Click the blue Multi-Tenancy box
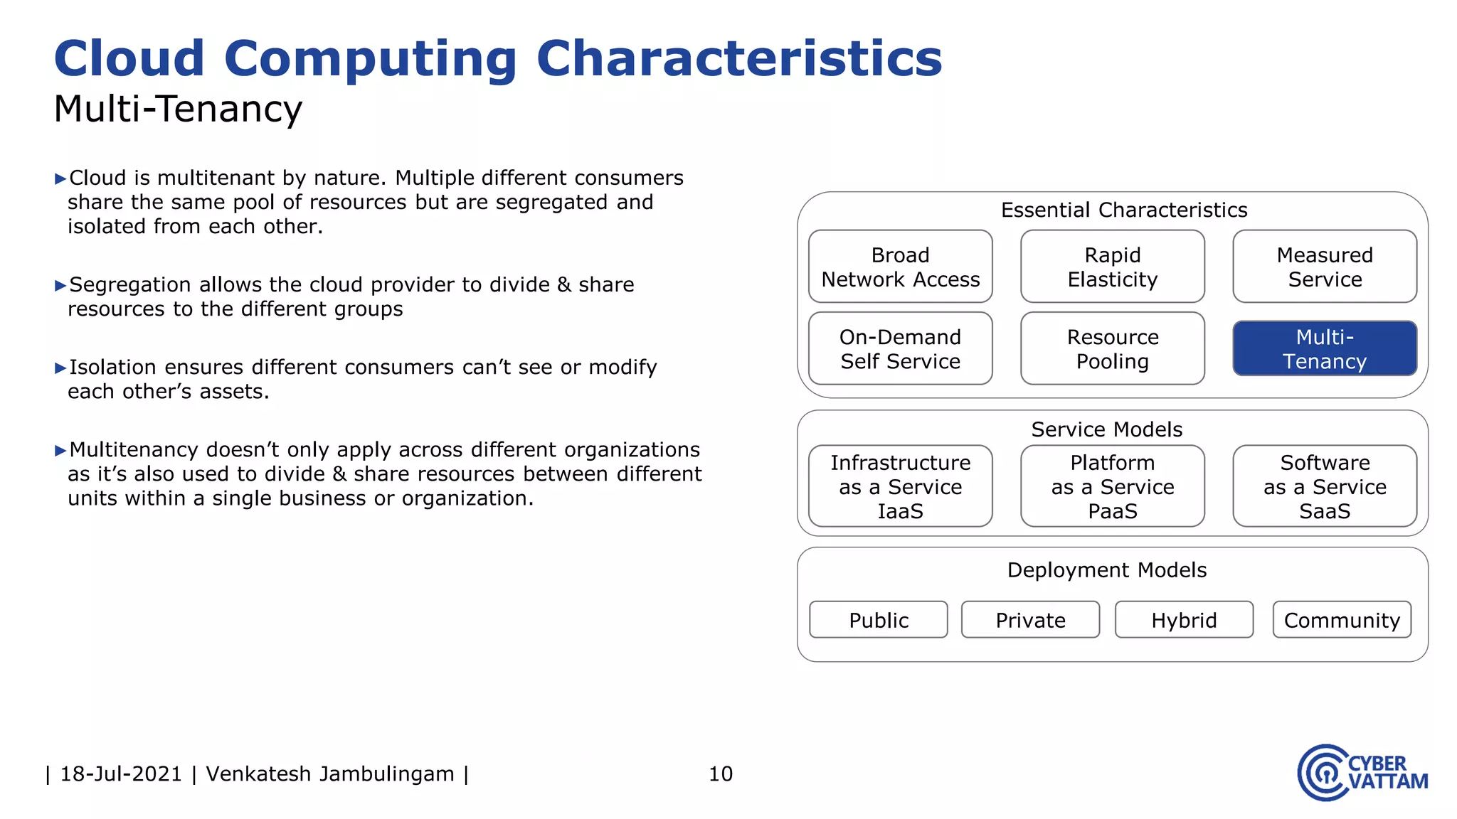click(x=1325, y=348)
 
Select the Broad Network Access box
click(x=900, y=267)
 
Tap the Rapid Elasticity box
click(x=1112, y=267)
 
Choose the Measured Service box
click(x=1325, y=267)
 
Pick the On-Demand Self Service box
click(x=900, y=348)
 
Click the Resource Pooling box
click(x=1112, y=348)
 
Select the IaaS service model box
click(x=900, y=486)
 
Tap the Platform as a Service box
click(x=1112, y=486)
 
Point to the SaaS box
click(x=1325, y=486)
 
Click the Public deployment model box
click(x=879, y=620)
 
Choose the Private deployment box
click(x=1030, y=620)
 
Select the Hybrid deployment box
click(x=1184, y=620)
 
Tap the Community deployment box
click(x=1342, y=620)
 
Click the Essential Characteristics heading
click(x=1124, y=210)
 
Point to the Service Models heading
click(x=1107, y=429)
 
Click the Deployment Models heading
click(x=1107, y=570)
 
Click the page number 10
click(x=720, y=773)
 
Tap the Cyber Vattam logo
click(x=1362, y=773)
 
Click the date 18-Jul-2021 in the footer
click(x=121, y=773)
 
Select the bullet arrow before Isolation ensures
click(x=60, y=368)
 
